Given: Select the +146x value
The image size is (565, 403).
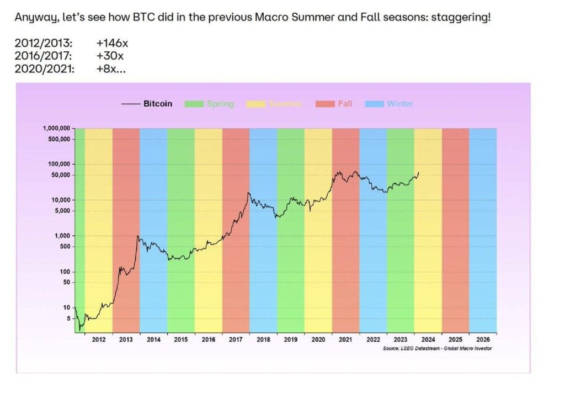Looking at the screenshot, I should tap(112, 43).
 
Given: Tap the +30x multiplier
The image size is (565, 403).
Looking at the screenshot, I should tap(109, 56).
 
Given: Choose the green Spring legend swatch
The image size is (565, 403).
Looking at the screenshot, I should tap(194, 103).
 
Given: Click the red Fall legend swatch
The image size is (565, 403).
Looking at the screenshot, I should tap(325, 103).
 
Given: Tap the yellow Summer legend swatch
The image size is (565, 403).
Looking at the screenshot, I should tap(256, 103).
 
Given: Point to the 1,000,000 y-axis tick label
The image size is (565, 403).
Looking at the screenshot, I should tap(56, 128).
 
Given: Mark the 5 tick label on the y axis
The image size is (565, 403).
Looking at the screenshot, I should tap(68, 319).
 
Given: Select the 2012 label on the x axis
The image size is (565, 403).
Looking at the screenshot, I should tap(99, 340).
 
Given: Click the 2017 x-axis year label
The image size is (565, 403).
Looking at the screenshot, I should tap(236, 340).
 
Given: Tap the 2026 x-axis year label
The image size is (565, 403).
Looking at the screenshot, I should tap(483, 340).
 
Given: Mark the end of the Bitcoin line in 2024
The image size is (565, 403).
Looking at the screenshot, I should tap(419, 172).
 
